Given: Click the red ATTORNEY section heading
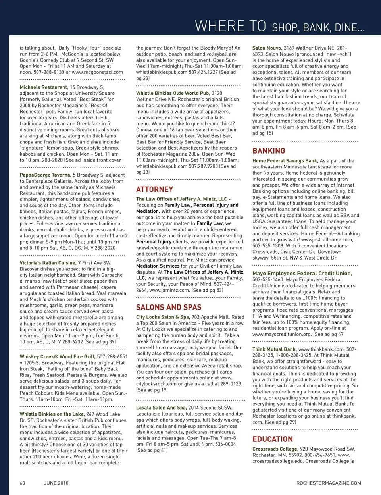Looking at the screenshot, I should (154, 189).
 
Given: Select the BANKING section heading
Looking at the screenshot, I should (269, 151).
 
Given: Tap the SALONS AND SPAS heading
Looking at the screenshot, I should (169, 307).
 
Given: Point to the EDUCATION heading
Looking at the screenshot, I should (273, 439).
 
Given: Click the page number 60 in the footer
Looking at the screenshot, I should (23, 483).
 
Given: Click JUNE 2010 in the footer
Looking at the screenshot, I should (56, 483).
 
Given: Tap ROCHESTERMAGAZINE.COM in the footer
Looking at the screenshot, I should (329, 483).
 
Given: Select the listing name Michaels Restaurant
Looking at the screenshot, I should (44, 87).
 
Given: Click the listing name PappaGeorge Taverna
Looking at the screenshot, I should (45, 175).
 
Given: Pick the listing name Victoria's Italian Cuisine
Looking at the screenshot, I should (48, 263).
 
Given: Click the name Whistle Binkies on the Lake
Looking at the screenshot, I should (52, 414).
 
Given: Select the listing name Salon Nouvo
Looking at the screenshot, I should (267, 48).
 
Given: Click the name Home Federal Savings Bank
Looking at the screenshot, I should (285, 161).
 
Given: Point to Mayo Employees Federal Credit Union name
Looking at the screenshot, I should (302, 274).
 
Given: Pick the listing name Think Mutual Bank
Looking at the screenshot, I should (274, 349).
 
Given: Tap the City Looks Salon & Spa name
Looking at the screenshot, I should (163, 317).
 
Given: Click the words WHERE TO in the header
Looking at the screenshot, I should (230, 26).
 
